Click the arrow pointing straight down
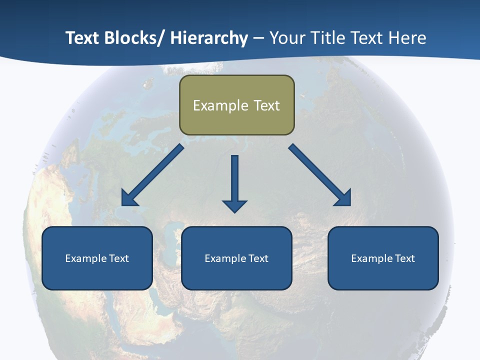point(234,182)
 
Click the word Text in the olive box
point(266,105)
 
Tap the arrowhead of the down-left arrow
point(129,198)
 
